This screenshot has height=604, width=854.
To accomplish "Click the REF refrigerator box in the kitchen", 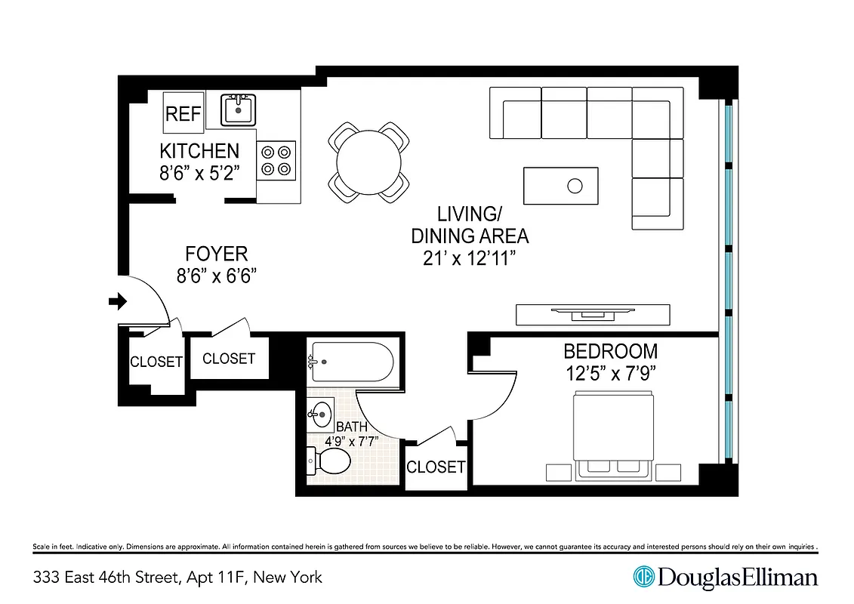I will (x=183, y=113).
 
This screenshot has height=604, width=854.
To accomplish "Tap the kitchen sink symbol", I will (x=239, y=110).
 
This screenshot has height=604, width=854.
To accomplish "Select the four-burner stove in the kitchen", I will (x=276, y=160).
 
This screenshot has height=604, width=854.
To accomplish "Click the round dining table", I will (x=369, y=163).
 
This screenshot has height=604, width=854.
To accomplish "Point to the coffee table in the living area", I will (x=560, y=185).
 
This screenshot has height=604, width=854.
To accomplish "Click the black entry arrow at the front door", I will (x=118, y=302).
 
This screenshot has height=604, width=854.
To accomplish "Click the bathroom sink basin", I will (x=321, y=414).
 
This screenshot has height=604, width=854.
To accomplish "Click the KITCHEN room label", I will (x=199, y=151).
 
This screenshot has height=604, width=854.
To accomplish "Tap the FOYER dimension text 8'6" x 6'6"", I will (x=217, y=276).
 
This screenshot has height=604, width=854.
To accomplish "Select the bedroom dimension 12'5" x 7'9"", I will (x=611, y=373).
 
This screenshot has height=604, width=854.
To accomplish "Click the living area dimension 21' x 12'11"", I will (x=469, y=258).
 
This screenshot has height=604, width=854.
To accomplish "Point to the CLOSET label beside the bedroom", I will (x=436, y=467).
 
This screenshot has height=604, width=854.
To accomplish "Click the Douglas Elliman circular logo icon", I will (x=643, y=578).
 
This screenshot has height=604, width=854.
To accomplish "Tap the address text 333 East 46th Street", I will (x=105, y=578).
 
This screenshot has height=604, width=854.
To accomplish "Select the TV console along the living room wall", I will (x=592, y=313).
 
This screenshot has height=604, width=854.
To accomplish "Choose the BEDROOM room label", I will (x=611, y=351).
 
